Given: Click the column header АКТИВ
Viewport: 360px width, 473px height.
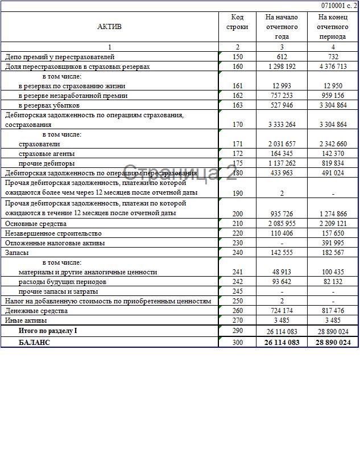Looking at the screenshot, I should [109, 26].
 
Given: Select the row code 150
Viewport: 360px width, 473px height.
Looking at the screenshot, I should [237, 57].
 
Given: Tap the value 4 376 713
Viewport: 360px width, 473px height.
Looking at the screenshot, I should [333, 67].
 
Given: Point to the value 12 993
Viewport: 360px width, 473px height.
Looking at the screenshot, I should [282, 86].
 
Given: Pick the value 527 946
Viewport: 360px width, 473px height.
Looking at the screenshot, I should [282, 105].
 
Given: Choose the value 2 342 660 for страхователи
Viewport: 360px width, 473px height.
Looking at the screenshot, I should [333, 144].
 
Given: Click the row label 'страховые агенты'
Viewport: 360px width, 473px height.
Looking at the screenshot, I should [47, 154].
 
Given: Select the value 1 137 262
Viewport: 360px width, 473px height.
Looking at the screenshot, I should [282, 163].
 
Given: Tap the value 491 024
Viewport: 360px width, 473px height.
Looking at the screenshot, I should [333, 173].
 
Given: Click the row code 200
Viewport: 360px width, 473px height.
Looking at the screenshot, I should [237, 213].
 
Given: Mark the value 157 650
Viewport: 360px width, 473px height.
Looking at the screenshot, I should [333, 233].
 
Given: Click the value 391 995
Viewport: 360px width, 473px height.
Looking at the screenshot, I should [333, 243].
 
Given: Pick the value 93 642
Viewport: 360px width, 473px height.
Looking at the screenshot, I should [282, 282].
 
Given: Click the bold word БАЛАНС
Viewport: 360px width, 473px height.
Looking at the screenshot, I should [34, 342].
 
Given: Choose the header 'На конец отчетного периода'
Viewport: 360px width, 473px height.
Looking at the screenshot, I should [333, 26].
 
